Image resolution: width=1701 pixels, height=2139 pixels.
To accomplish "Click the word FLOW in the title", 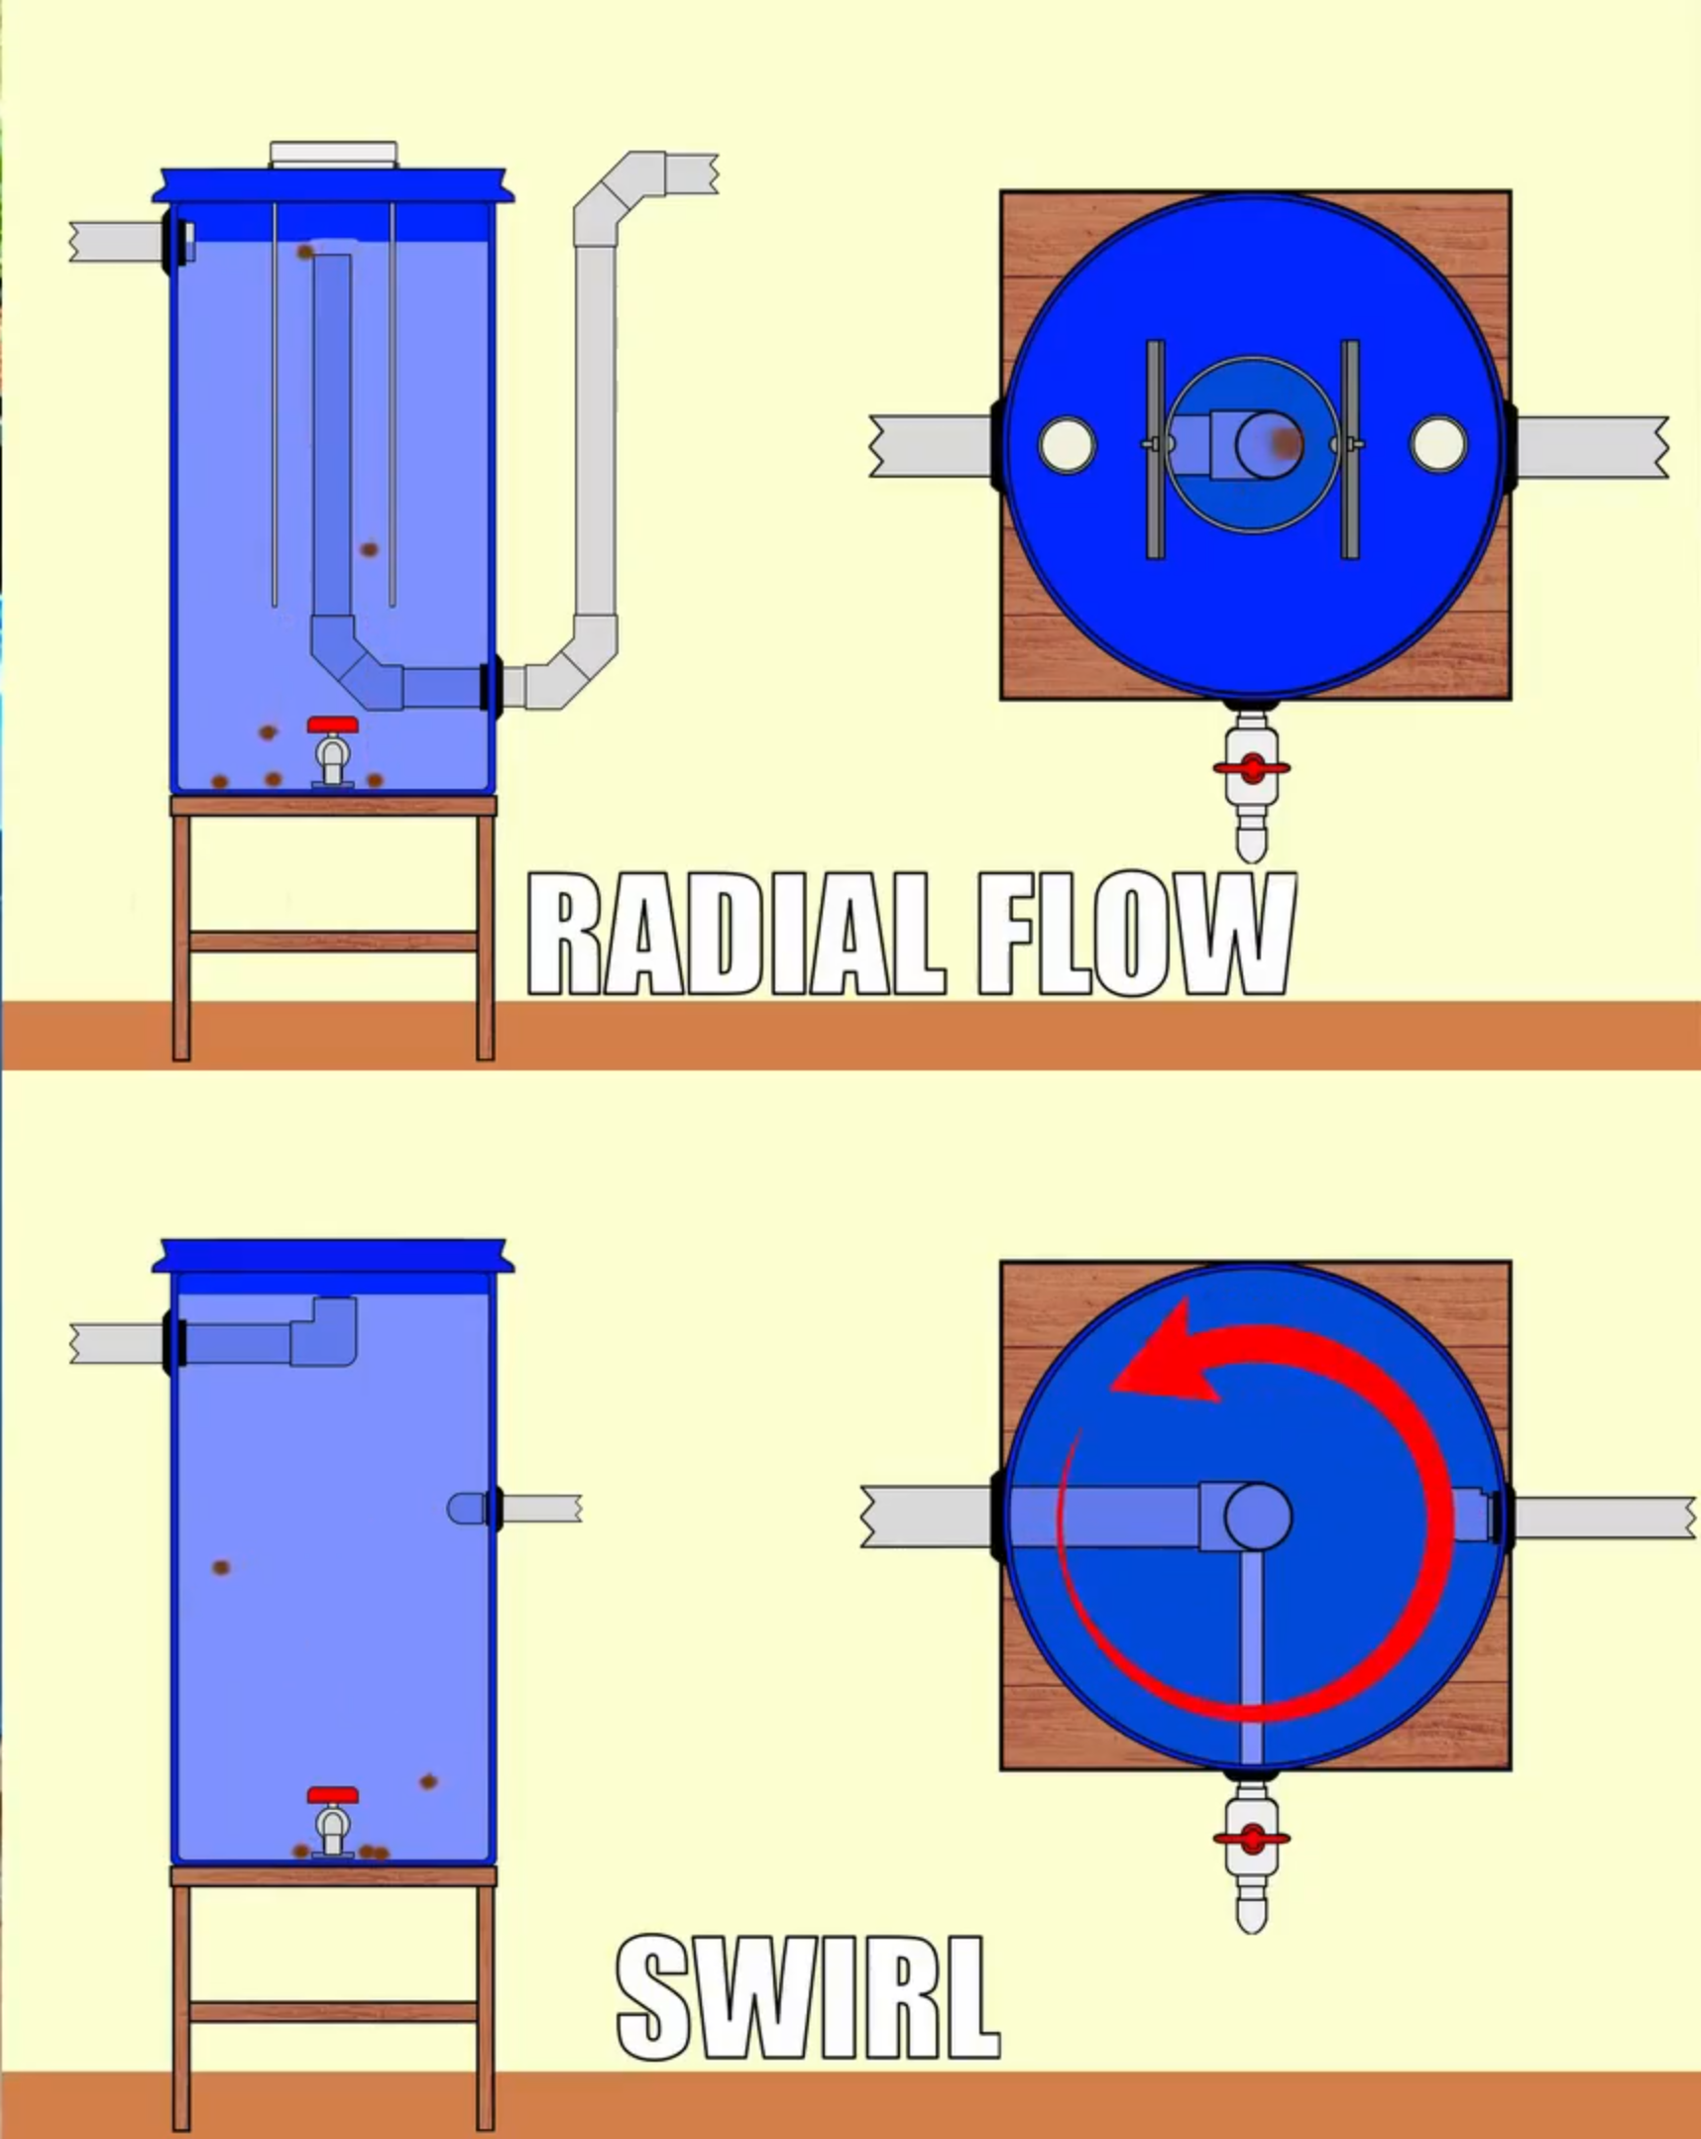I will [1136, 935].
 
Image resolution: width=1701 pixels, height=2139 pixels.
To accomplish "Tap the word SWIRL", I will [807, 1998].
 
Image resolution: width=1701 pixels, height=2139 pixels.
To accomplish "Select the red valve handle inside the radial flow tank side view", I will [332, 725].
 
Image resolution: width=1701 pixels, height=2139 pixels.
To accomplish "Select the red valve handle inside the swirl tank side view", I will [332, 1796].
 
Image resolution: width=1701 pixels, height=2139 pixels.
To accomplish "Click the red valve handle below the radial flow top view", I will [1251, 768].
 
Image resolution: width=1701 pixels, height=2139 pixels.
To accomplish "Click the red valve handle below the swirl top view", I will [1251, 1839].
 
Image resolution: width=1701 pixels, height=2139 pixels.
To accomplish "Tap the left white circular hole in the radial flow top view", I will [1067, 445].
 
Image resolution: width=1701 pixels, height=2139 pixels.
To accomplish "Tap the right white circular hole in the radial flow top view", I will [1438, 445].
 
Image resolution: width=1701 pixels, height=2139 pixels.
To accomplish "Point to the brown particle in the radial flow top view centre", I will [1287, 442].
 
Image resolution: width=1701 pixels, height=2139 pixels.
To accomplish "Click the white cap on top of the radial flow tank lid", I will [333, 154].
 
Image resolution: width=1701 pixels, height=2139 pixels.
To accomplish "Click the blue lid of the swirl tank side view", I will [333, 1255].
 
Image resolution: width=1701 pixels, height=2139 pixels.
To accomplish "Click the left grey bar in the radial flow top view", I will [1155, 448].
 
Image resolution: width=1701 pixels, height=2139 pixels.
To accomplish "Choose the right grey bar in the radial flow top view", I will [1350, 448].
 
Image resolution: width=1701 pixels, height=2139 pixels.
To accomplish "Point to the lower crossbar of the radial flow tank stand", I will [333, 941].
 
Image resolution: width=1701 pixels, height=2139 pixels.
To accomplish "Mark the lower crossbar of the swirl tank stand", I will [333, 2012].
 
